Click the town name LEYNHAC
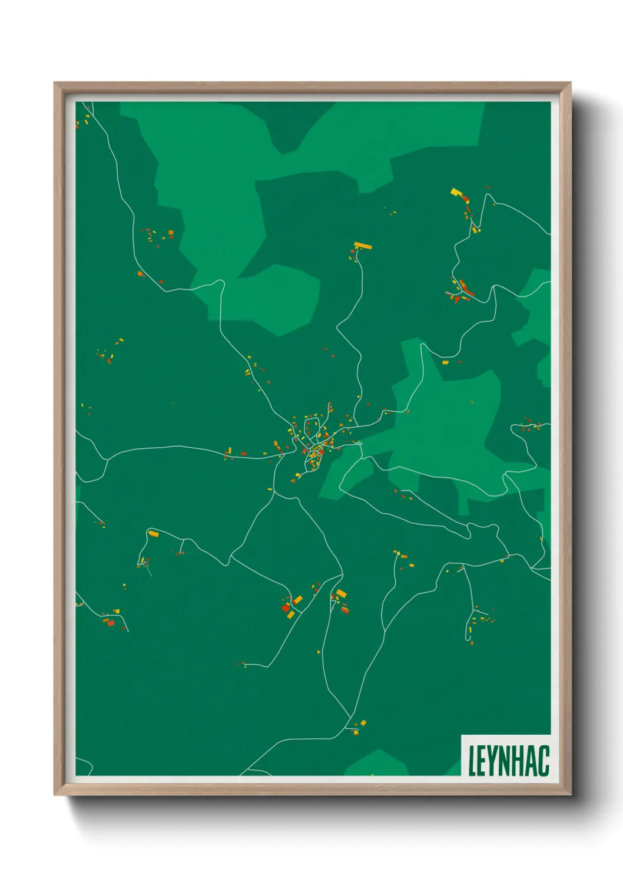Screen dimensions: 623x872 (x=508, y=760)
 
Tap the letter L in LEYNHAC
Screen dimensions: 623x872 (x=472, y=760)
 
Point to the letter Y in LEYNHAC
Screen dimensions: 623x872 (x=494, y=760)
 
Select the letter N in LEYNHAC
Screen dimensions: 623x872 (x=507, y=760)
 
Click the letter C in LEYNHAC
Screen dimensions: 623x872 (x=544, y=760)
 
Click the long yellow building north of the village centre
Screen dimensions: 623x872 (x=363, y=246)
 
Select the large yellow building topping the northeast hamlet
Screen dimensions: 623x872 (x=455, y=192)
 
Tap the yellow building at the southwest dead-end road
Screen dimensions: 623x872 (x=153, y=534)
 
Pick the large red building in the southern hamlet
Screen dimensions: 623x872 (x=286, y=607)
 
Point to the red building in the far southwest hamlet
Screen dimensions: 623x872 (x=110, y=622)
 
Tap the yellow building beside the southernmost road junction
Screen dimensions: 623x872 (x=363, y=722)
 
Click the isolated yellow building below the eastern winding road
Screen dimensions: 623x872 (x=445, y=362)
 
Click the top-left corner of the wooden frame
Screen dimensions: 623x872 (x=55, y=83)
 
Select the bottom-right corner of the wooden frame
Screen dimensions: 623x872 (x=570, y=795)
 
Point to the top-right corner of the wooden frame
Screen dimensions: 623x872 (x=570, y=83)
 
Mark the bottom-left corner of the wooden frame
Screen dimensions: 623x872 (x=55, y=795)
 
